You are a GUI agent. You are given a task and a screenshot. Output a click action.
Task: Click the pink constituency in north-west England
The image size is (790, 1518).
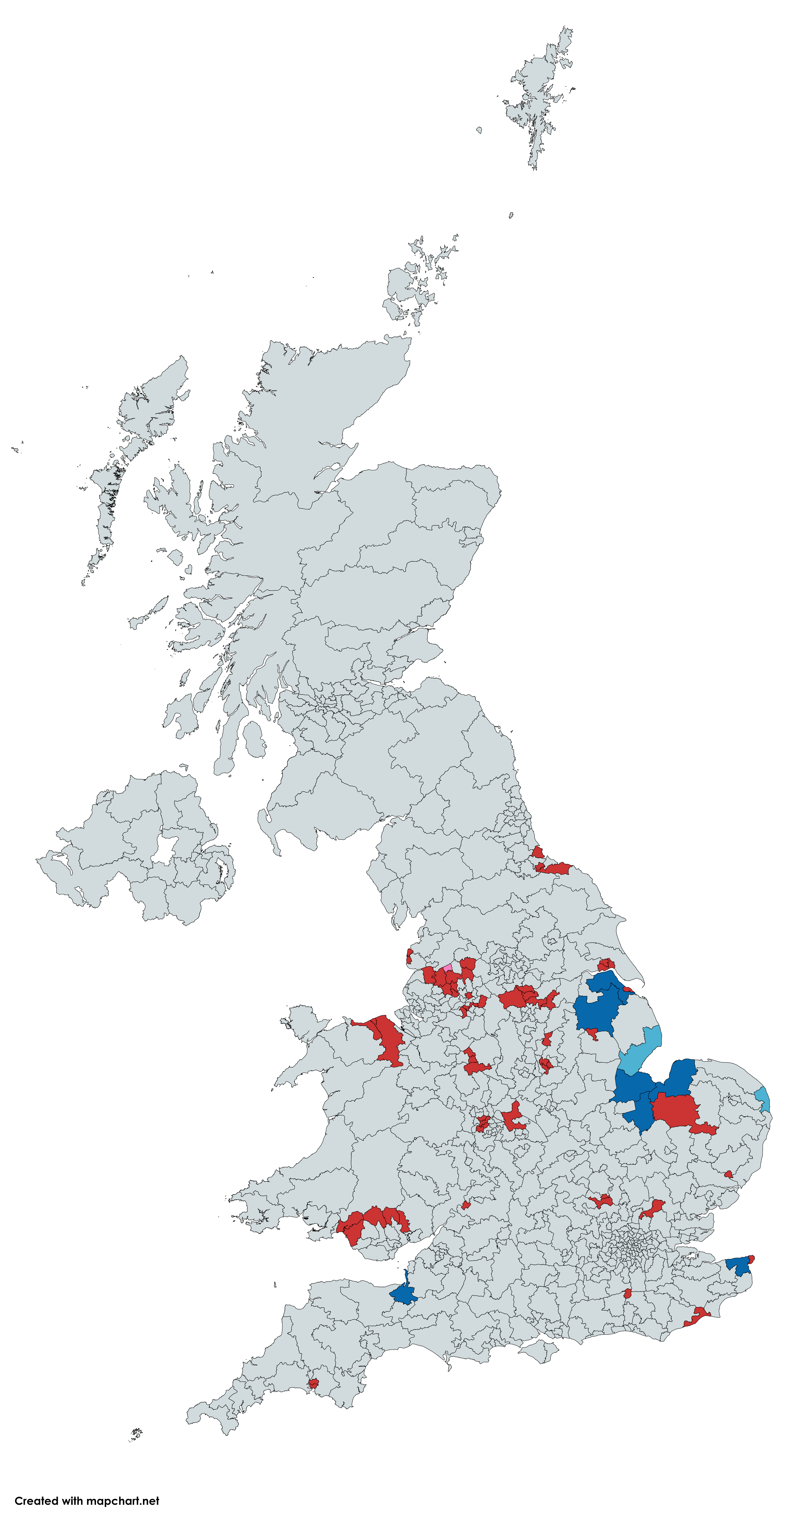pyautogui.click(x=448, y=968)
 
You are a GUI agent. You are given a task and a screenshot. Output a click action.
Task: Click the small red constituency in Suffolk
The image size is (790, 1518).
pyautogui.click(x=728, y=1174)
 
